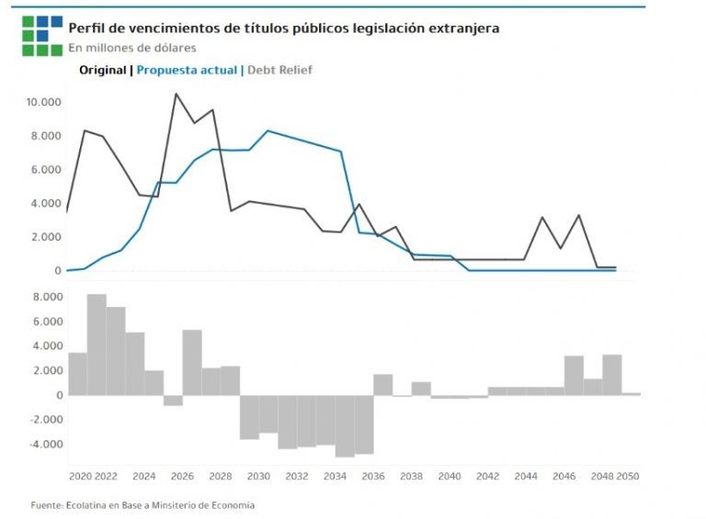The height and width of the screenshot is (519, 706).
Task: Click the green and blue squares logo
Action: [42, 35]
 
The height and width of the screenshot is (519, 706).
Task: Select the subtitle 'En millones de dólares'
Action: [131, 48]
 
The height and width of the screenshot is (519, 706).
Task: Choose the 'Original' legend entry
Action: [103, 70]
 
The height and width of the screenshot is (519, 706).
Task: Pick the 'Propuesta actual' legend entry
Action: [187, 70]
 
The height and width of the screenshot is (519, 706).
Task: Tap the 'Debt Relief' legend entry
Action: [279, 70]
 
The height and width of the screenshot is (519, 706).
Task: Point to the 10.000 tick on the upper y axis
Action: [44, 101]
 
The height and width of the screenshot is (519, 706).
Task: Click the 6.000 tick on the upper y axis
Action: [47, 169]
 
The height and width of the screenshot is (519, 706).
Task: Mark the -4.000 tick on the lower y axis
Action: [45, 444]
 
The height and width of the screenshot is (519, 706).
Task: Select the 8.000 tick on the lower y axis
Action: [47, 297]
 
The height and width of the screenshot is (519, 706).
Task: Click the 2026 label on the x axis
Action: [182, 477]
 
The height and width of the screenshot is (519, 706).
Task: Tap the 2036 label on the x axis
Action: [372, 477]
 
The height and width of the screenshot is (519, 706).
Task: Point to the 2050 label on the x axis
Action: [628, 477]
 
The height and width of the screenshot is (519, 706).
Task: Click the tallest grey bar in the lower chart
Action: [97, 344]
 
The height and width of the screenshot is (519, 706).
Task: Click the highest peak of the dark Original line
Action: [176, 94]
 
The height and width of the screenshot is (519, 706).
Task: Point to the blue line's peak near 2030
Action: [268, 130]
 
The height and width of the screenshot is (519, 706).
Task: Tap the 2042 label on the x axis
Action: [487, 477]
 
